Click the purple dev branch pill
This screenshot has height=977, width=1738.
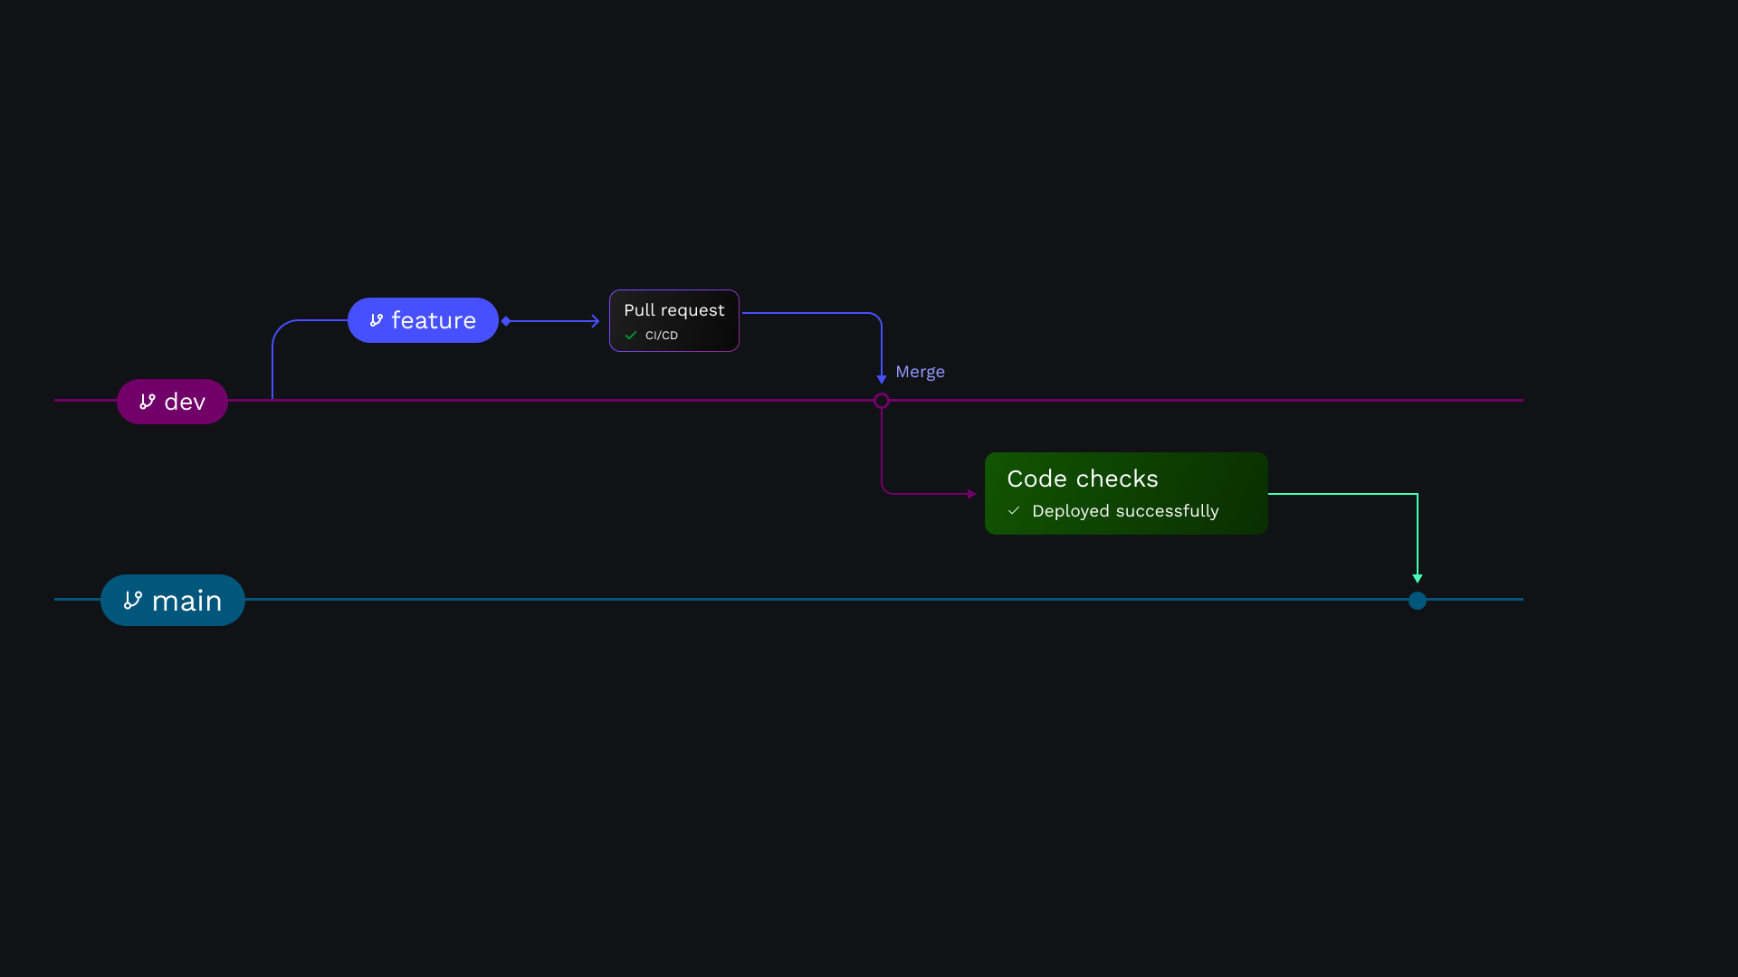[x=172, y=402]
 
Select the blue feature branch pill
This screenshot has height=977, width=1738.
[x=423, y=320]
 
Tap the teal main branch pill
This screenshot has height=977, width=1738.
[x=173, y=601]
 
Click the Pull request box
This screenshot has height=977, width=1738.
[x=674, y=320]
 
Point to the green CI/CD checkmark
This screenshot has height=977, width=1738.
[x=631, y=336]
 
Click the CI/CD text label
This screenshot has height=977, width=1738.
[x=662, y=336]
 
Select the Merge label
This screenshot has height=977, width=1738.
[x=920, y=372]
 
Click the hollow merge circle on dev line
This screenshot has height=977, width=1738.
[x=882, y=401]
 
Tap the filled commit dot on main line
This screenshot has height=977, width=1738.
[x=1418, y=601]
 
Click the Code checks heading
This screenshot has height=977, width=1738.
[x=1083, y=479]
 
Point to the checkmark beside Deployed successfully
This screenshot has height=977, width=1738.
[x=1014, y=511]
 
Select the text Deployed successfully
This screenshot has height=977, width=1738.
[x=1125, y=511]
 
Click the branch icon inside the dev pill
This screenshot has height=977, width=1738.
[x=148, y=402]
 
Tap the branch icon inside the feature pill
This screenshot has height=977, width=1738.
[x=377, y=320]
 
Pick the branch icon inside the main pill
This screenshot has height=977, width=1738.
[x=133, y=601]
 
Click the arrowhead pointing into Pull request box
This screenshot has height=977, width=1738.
[x=595, y=321]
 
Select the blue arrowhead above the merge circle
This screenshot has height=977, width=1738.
[x=882, y=379]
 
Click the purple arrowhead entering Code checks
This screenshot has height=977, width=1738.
[x=971, y=494]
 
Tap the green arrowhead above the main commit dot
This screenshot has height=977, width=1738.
[x=1418, y=578]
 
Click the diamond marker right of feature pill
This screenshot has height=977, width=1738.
[x=506, y=321]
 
